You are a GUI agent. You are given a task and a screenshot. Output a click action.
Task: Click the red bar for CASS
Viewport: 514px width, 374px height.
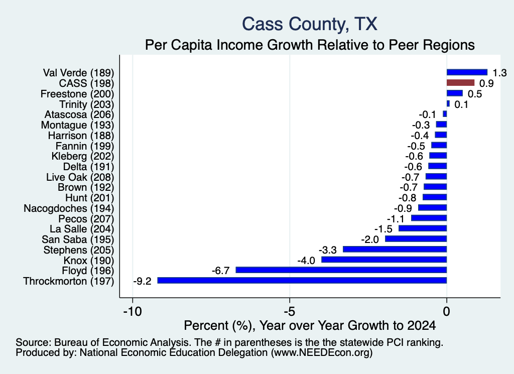[x=460, y=83]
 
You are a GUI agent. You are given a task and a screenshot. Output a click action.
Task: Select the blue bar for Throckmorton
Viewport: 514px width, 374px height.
[x=302, y=281]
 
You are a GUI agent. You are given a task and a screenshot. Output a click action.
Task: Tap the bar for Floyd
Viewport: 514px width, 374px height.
[x=341, y=270]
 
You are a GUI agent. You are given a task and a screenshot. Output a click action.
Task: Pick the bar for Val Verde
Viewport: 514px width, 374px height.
[x=467, y=72]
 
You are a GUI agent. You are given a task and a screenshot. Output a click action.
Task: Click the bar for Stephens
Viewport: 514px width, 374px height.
[x=395, y=250]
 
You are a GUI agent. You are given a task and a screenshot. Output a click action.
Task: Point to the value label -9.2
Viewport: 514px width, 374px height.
[x=142, y=281]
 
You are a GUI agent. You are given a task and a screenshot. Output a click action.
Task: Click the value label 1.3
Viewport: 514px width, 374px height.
[x=499, y=73]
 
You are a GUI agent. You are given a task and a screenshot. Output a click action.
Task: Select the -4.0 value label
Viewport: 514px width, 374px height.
[x=306, y=261]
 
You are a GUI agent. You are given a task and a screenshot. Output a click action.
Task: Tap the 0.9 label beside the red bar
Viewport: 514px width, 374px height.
[x=486, y=83]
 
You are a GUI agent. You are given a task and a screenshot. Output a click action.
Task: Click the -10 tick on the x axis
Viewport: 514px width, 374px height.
[x=133, y=311]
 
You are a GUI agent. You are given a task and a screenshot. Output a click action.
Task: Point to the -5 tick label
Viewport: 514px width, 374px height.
[x=290, y=311]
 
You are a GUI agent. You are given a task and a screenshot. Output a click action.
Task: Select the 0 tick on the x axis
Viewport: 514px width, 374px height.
[x=446, y=311]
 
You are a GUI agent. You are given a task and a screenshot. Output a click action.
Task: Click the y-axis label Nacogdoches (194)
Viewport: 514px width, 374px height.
[x=69, y=208]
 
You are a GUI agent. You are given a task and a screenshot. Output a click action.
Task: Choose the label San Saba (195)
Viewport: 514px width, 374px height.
[x=78, y=239]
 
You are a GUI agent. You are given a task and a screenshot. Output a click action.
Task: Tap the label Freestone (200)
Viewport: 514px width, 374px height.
[x=77, y=94]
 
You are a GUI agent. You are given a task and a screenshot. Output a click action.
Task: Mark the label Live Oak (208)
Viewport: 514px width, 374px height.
[x=80, y=177]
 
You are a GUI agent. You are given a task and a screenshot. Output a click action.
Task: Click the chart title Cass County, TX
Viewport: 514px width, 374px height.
[x=309, y=24]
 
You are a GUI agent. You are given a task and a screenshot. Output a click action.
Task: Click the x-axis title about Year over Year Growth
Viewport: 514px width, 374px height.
[x=310, y=325]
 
